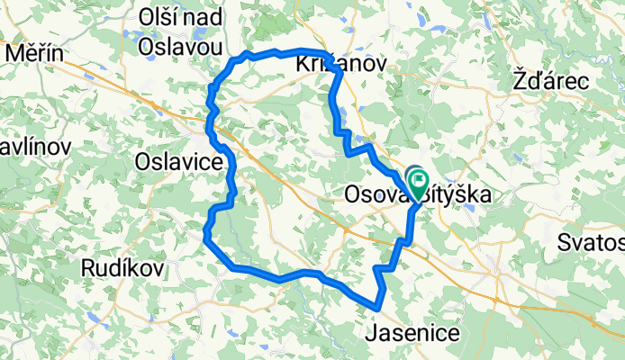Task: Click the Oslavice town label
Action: tap(177, 162)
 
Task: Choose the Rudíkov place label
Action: tap(122, 267)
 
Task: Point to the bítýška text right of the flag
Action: tap(462, 194)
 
